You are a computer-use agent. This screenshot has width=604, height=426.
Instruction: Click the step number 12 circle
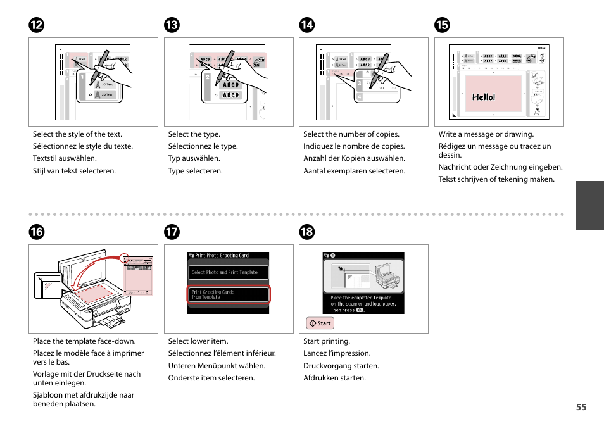click(x=36, y=25)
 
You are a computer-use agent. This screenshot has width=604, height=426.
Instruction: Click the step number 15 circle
click(x=442, y=25)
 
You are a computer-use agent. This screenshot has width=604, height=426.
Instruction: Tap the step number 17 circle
click(x=172, y=232)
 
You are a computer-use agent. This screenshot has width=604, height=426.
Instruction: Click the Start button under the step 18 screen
click(x=320, y=323)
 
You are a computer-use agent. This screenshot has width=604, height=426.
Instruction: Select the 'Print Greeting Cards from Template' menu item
click(x=229, y=294)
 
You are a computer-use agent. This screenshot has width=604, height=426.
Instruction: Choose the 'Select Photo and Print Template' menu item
click(x=229, y=272)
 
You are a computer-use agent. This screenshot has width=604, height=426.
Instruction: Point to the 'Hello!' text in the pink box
click(x=484, y=97)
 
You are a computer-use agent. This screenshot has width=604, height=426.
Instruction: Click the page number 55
click(x=581, y=407)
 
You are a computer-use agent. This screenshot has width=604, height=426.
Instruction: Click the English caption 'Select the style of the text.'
click(x=77, y=134)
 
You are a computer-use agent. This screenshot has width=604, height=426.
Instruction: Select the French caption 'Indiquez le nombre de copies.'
click(x=353, y=146)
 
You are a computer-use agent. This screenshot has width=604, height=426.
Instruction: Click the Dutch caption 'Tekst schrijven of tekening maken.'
click(x=496, y=179)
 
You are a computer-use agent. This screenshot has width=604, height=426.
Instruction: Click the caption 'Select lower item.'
click(x=198, y=341)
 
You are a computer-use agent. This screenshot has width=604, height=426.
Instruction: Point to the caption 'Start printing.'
click(x=326, y=341)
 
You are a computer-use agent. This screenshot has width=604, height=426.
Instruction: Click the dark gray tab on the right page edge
click(x=589, y=205)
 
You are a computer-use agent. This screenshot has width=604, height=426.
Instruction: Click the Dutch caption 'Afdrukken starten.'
click(x=334, y=378)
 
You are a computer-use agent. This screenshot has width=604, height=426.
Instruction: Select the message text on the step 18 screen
click(x=363, y=304)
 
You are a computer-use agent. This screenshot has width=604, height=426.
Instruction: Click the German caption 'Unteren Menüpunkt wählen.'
click(x=217, y=366)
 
